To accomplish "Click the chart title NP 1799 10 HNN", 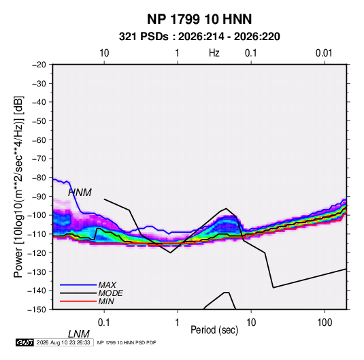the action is (199, 19).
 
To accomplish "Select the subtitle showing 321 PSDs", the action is (199, 37).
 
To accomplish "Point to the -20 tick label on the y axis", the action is (39, 65).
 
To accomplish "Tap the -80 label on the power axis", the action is (39, 178).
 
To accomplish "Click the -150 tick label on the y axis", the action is (37, 310).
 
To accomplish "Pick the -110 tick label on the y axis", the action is (37, 234).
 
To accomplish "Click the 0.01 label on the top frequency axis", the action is (324, 53).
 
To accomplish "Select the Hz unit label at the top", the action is (214, 53).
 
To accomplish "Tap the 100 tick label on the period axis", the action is (325, 323).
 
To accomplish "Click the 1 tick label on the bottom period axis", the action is (178, 323).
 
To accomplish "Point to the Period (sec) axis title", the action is (214, 330).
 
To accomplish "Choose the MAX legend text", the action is (107, 284).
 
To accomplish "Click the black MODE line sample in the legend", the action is (78, 293).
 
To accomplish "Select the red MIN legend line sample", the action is (78, 301).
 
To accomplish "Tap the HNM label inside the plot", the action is (80, 193).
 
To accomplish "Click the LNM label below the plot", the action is (79, 334).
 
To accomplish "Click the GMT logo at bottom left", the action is (24, 342).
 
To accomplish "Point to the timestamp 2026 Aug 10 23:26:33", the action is (63, 342).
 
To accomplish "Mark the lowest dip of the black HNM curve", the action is (274, 288).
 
